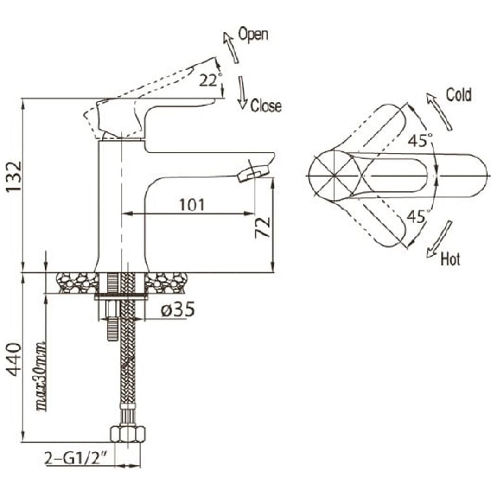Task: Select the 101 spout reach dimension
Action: [x=192, y=205]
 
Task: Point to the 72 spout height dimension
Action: [x=263, y=227]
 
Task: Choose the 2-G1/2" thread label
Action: [x=76, y=458]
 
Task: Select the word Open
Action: [x=253, y=34]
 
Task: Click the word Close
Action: [x=266, y=106]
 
